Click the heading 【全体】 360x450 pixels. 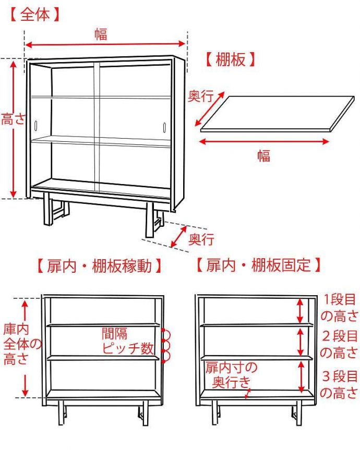tap(35, 15)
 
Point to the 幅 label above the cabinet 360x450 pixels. tap(101, 34)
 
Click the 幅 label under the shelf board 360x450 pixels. tap(264, 155)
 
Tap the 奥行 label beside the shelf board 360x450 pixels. tap(200, 96)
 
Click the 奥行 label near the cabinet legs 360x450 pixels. tap(201, 239)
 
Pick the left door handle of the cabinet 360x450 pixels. tap(37, 126)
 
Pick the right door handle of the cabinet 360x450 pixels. tap(164, 127)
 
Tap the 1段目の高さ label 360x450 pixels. tap(339, 308)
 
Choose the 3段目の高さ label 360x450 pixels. tap(339, 384)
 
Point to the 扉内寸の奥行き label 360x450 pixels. tap(231, 374)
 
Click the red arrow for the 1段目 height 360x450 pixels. tap(300, 311)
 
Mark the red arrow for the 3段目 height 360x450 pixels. tap(301, 376)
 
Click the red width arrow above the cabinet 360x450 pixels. tap(106, 46)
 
